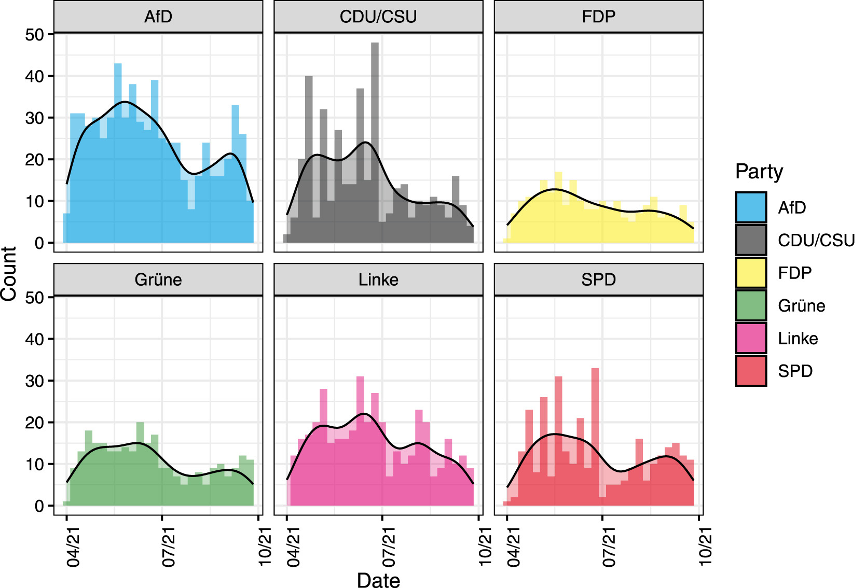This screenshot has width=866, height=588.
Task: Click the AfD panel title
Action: click(158, 17)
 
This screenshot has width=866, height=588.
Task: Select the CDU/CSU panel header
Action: click(378, 17)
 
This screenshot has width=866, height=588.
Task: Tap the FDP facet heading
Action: click(598, 17)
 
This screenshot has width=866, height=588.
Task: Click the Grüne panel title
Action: click(158, 280)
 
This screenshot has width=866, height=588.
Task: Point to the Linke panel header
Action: click(378, 280)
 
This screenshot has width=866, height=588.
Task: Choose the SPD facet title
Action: click(598, 280)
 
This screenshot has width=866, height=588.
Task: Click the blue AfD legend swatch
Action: click(751, 207)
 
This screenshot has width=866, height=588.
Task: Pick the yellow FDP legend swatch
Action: click(751, 273)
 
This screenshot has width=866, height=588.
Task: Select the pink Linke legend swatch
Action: click(751, 338)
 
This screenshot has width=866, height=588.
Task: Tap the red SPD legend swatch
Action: click(751, 371)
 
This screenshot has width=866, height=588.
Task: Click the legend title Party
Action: click(759, 172)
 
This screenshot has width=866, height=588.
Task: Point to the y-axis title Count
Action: click(9, 273)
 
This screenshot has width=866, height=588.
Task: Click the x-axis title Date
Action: click(378, 580)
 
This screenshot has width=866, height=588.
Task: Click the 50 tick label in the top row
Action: click(35, 35)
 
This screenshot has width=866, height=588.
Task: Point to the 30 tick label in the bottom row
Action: click(35, 381)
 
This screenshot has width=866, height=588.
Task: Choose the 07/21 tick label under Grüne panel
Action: click(169, 547)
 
